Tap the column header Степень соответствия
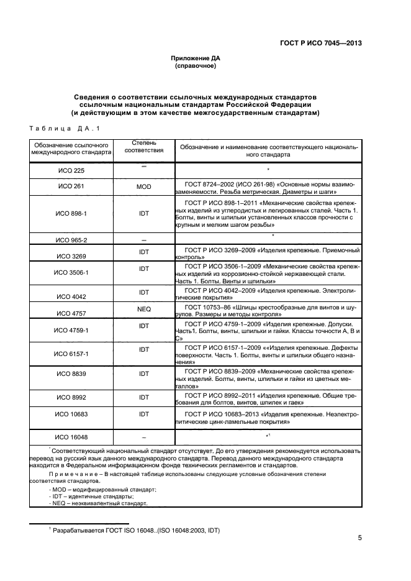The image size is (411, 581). pyautogui.click(x=143, y=146)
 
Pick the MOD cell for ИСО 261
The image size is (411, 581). pyautogui.click(x=143, y=186)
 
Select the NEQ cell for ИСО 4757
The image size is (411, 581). pyautogui.click(x=143, y=308)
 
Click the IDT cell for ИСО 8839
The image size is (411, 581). pyautogui.click(x=143, y=373)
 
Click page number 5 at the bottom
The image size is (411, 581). pyautogui.click(x=359, y=538)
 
